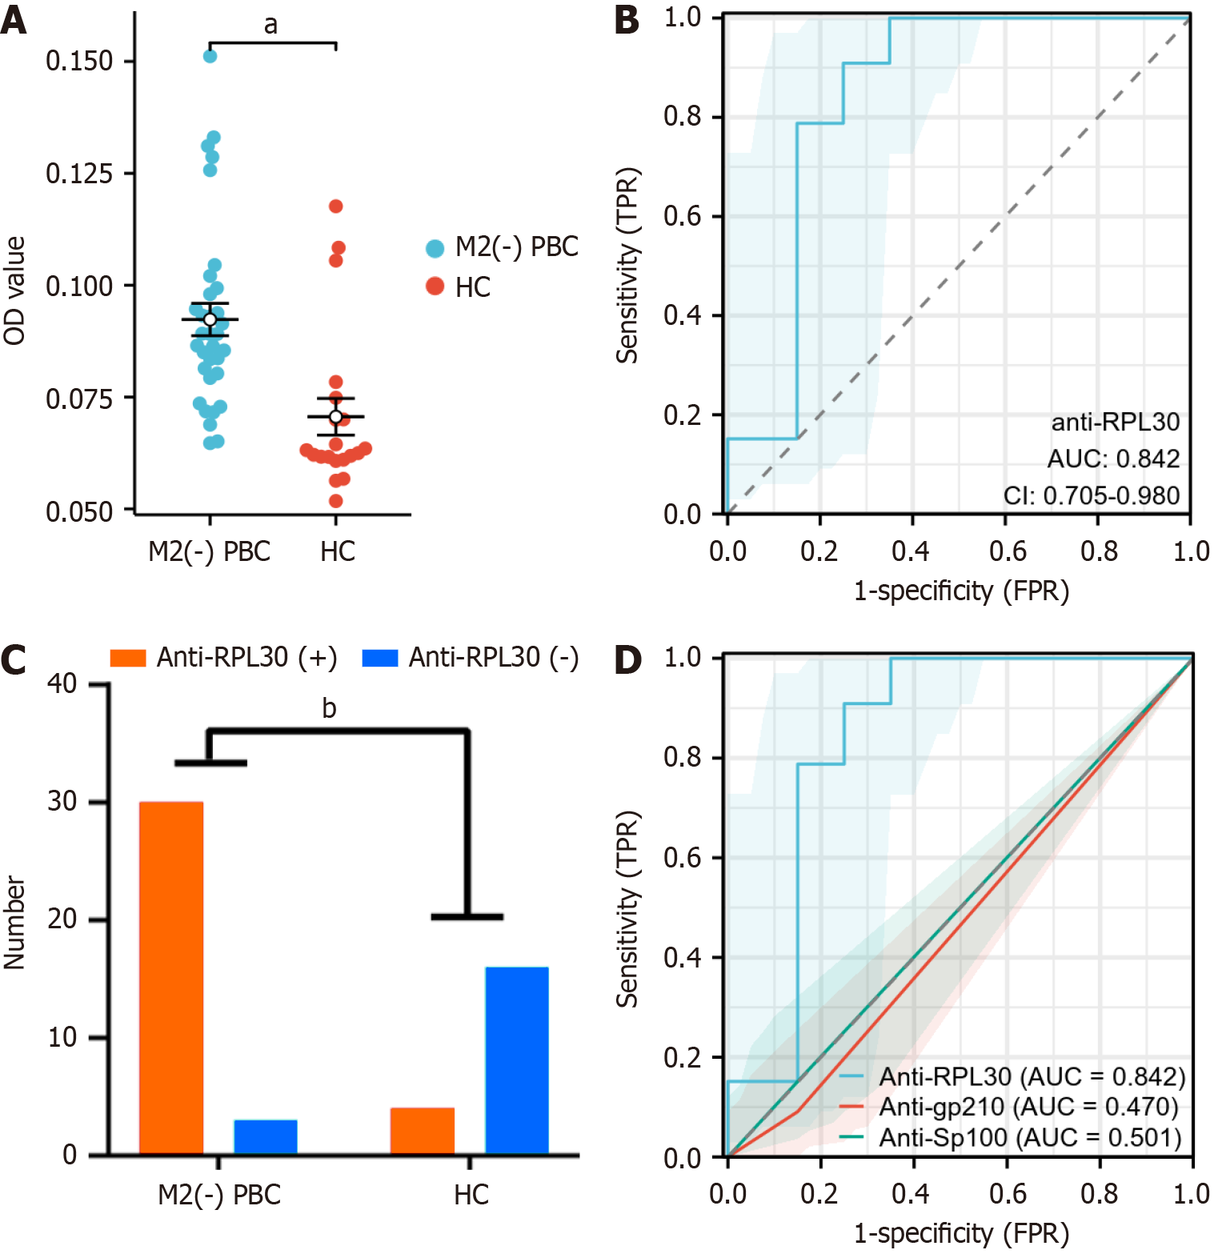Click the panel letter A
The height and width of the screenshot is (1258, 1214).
click(x=14, y=20)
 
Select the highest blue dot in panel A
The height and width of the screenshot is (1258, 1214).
click(x=210, y=56)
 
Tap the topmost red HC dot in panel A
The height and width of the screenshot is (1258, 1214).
click(x=336, y=206)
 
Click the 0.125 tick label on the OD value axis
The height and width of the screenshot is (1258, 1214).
click(x=79, y=174)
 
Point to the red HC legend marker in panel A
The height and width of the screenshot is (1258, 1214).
click(x=435, y=286)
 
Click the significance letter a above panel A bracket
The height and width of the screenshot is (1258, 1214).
click(x=271, y=26)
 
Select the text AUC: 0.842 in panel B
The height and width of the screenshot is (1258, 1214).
click(x=1113, y=459)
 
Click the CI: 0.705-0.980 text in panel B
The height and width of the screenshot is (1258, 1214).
click(x=1092, y=495)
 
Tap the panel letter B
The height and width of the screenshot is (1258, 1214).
click(x=627, y=20)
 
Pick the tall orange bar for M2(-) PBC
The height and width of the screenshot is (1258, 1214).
click(x=171, y=976)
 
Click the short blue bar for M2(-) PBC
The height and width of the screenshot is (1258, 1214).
click(x=266, y=1136)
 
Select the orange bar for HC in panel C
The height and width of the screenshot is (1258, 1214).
click(x=423, y=1130)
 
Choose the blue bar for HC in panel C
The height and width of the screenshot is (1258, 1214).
click(x=517, y=1060)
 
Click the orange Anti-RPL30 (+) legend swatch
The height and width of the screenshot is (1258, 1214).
click(x=128, y=658)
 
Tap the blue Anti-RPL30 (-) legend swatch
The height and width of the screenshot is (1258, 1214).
click(x=380, y=658)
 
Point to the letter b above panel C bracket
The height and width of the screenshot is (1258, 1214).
click(x=329, y=708)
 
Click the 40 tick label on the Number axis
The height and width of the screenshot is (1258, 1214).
click(x=62, y=683)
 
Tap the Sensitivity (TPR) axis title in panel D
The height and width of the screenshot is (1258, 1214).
click(x=628, y=908)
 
